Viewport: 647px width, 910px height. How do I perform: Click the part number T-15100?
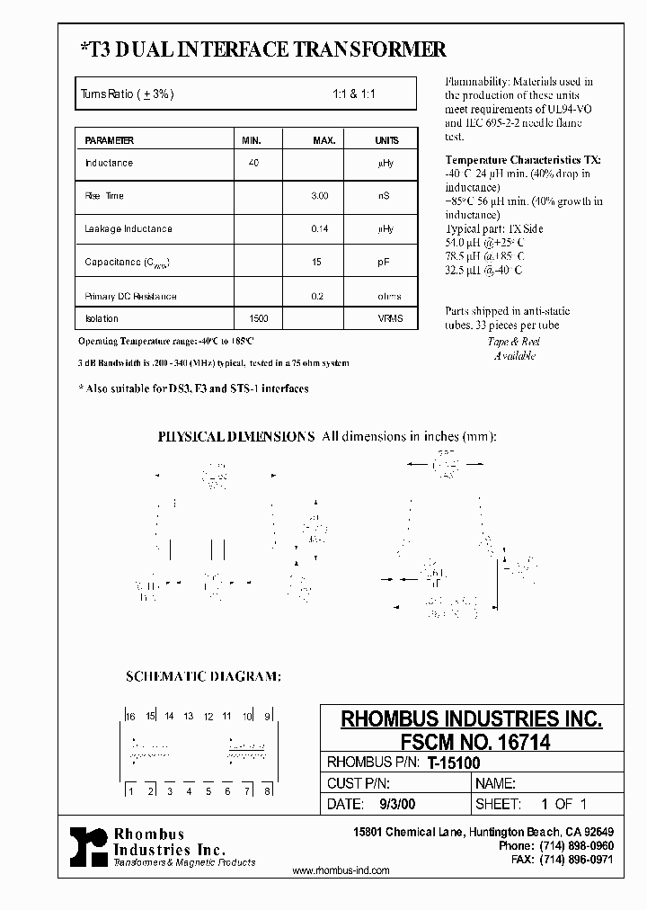click(453, 763)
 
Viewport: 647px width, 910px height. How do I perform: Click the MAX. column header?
click(323, 140)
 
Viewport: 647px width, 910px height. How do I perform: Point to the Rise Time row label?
click(104, 196)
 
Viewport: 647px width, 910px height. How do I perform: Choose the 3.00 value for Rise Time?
click(320, 196)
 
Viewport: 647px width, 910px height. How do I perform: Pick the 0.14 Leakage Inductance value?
click(320, 229)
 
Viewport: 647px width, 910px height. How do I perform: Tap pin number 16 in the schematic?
click(130, 716)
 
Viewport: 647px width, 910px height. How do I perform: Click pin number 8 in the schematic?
click(267, 791)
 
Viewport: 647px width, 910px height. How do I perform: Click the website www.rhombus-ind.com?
click(341, 870)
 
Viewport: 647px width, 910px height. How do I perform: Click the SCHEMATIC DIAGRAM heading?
click(202, 677)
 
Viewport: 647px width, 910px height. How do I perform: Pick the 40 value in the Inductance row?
click(253, 163)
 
